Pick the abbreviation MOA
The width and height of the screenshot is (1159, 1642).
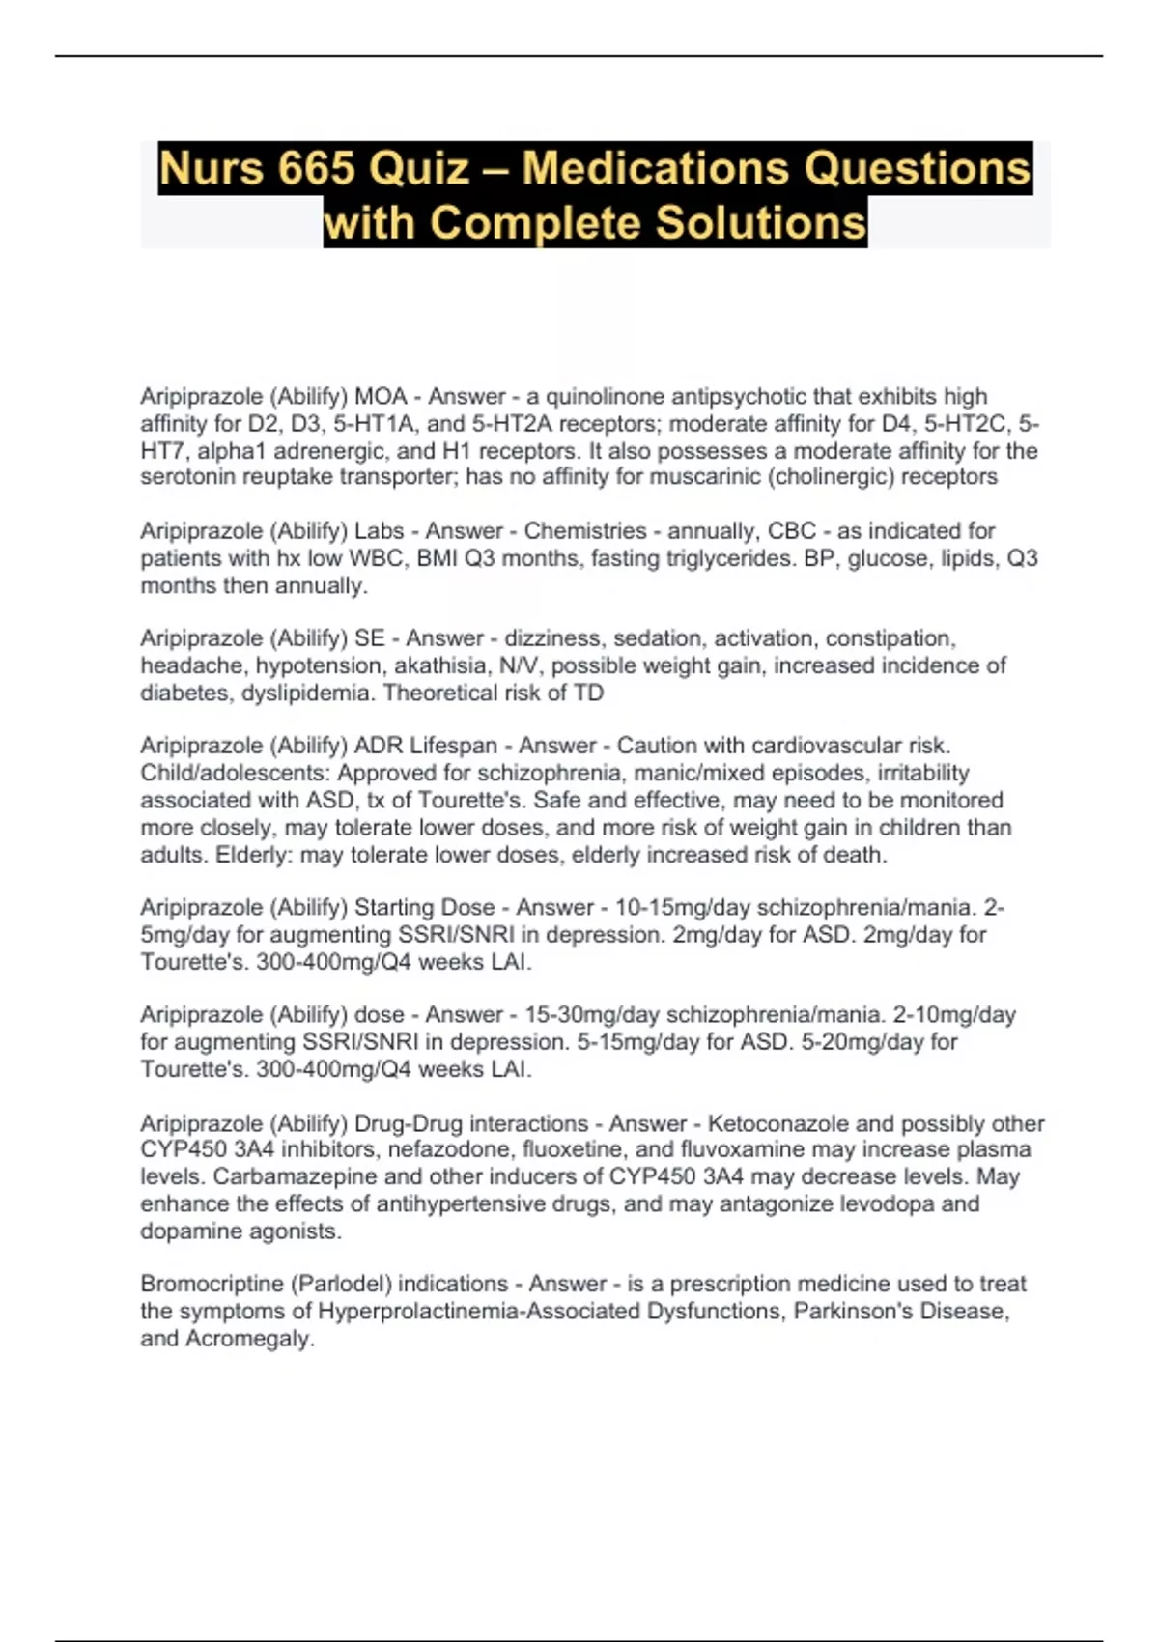click(382, 397)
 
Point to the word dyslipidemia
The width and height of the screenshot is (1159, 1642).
click(309, 693)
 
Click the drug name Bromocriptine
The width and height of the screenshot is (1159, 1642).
click(212, 1284)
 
